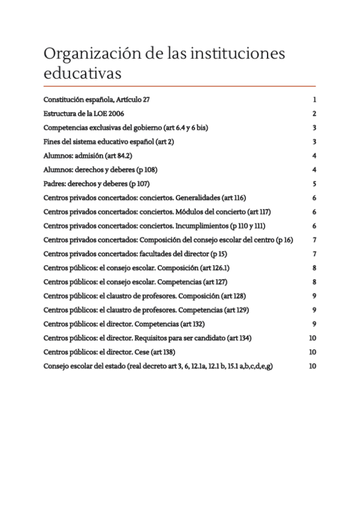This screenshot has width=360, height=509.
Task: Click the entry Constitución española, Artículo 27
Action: click(100, 100)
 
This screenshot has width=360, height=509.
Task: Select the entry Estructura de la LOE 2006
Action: click(83, 113)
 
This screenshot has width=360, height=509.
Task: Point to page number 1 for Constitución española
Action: click(314, 100)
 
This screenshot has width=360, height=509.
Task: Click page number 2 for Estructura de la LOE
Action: click(314, 113)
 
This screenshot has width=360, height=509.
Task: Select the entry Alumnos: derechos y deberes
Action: click(100, 169)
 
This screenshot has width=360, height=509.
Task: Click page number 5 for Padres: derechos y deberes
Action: click(314, 184)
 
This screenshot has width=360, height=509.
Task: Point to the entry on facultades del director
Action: click(134, 253)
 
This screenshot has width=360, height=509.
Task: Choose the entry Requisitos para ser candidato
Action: click(148, 338)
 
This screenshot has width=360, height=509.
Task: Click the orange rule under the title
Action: click(180, 86)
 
